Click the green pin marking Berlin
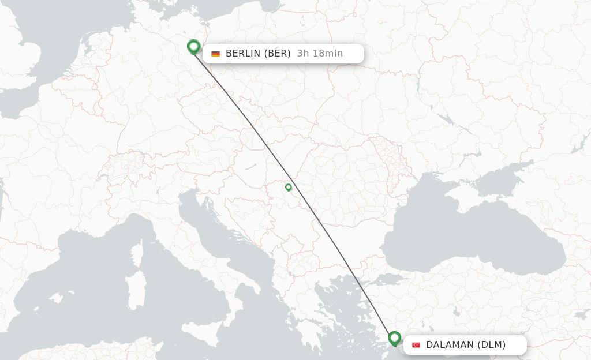(193, 47)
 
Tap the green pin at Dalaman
(394, 337)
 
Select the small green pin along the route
(289, 187)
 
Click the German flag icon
(215, 54)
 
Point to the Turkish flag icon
(416, 345)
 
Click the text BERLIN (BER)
(258, 54)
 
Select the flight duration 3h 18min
(320, 54)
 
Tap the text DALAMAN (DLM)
(465, 345)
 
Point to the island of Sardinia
(136, 291)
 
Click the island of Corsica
(137, 254)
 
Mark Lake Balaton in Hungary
(250, 167)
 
